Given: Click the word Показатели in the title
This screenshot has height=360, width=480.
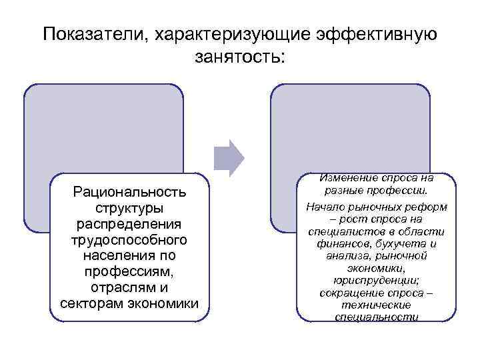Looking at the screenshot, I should [95, 33].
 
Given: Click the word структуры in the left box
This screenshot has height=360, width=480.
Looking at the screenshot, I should [130, 208].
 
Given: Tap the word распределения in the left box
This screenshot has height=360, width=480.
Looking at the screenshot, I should [130, 224].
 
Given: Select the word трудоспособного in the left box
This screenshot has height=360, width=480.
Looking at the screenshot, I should [130, 240].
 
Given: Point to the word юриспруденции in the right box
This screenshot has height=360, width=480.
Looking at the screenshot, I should [375, 280].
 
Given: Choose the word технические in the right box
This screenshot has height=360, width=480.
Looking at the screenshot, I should [375, 305].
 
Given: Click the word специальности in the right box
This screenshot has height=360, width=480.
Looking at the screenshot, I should [375, 317].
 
